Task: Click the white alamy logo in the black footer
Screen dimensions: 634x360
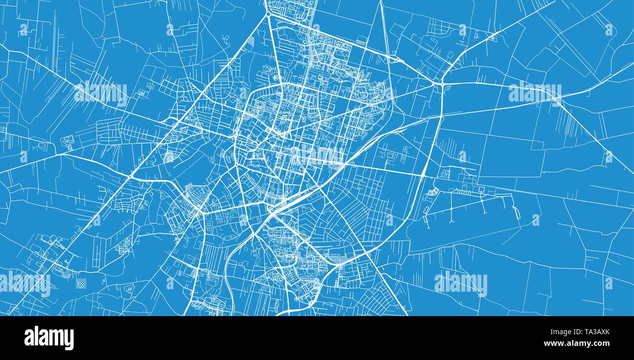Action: (x=49, y=338)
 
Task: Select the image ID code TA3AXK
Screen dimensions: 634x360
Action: (x=593, y=332)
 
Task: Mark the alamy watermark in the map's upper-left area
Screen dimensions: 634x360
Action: (x=101, y=93)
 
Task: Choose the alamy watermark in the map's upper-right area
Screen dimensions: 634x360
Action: (x=535, y=93)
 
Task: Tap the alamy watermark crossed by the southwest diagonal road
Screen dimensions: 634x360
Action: (x=25, y=283)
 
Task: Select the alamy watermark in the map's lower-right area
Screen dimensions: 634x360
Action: (x=460, y=283)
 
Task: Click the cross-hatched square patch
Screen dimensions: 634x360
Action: (x=81, y=283)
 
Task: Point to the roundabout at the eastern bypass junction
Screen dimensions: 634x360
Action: (x=441, y=85)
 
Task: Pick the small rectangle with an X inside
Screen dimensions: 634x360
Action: (x=445, y=173)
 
